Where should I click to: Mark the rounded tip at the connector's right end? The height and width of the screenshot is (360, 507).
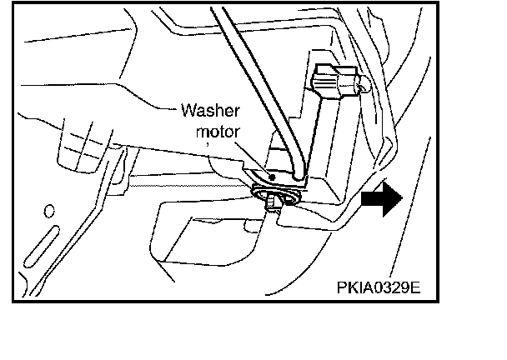click(361, 82)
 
